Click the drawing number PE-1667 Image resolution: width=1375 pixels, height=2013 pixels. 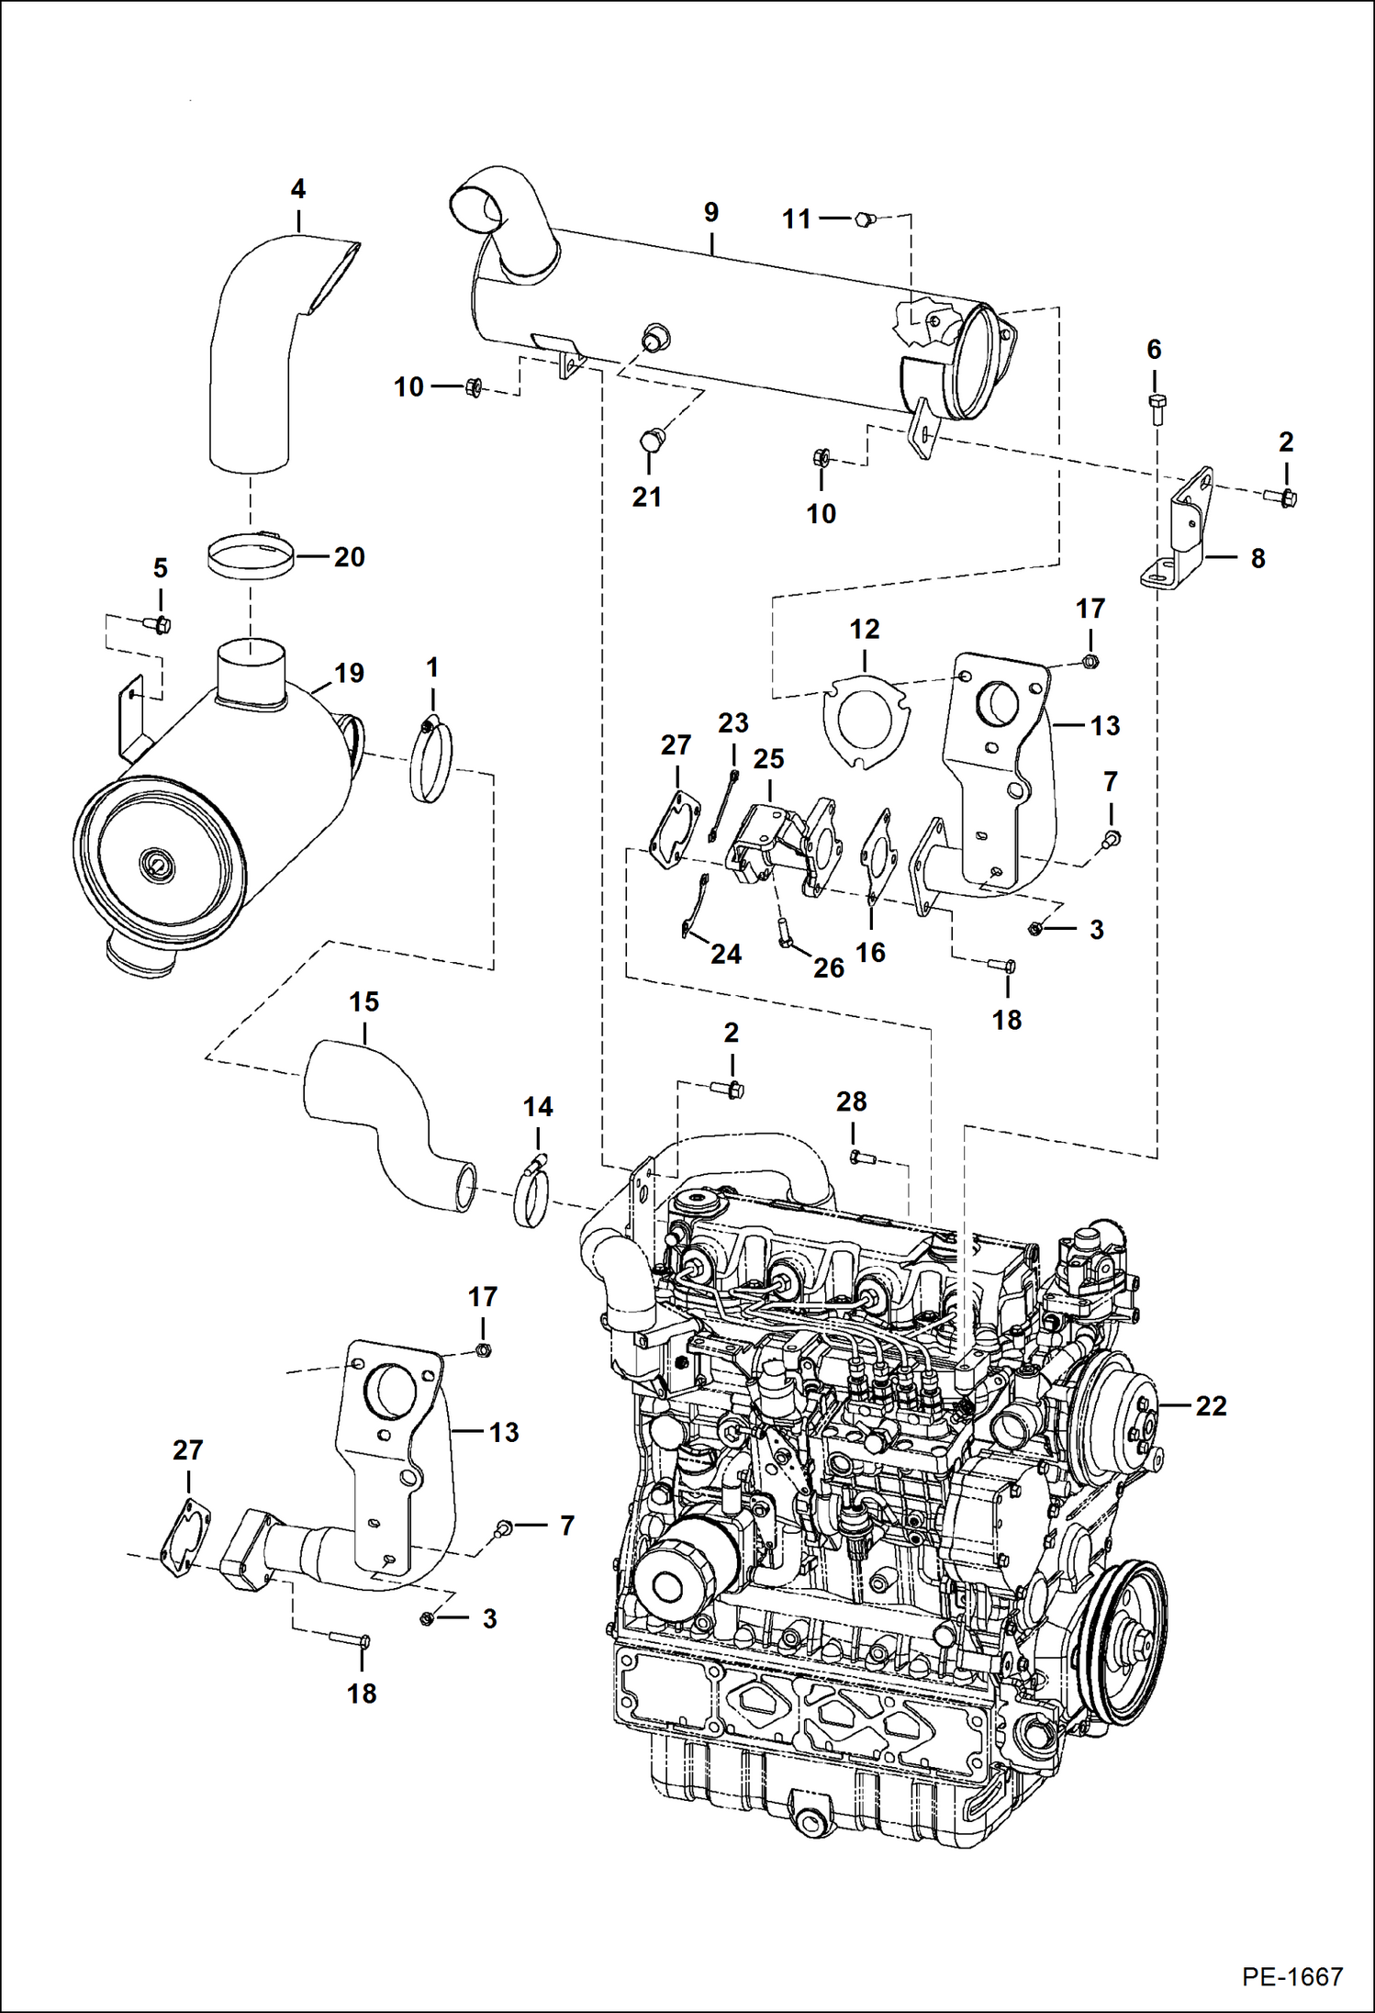tap(1291, 1975)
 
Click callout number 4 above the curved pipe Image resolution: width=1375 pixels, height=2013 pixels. tap(298, 189)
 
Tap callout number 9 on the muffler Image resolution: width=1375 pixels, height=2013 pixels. tap(711, 212)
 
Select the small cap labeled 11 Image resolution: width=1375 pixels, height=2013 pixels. tap(864, 218)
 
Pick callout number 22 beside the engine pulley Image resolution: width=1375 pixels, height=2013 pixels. tap(1211, 1405)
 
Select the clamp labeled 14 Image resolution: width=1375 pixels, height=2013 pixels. tap(531, 1194)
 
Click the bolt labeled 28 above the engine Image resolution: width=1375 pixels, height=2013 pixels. tap(860, 1158)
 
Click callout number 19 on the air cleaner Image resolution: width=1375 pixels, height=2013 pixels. tap(349, 673)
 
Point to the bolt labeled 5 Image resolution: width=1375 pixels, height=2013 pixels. tap(161, 625)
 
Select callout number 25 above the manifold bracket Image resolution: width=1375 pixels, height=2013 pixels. tap(769, 759)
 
